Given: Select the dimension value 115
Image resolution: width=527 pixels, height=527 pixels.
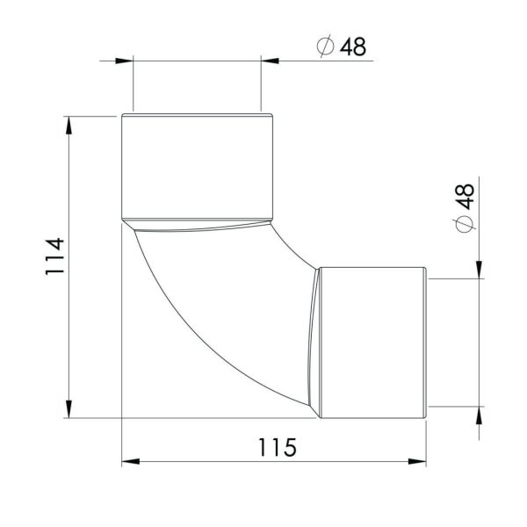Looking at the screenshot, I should [277, 447].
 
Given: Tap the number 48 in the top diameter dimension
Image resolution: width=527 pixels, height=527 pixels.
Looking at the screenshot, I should [352, 47].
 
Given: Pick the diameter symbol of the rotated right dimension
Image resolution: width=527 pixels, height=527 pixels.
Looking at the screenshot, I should [465, 225].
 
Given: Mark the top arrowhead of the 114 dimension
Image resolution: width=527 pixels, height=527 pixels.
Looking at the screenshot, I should [68, 124].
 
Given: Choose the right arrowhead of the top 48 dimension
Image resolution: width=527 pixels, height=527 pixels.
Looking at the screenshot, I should [270, 60].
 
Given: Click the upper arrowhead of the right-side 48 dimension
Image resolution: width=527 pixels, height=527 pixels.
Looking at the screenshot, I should [479, 271].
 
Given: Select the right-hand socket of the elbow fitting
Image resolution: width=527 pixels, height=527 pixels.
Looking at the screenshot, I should [372, 343].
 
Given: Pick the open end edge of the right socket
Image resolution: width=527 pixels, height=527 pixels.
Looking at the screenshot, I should [426, 343].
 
